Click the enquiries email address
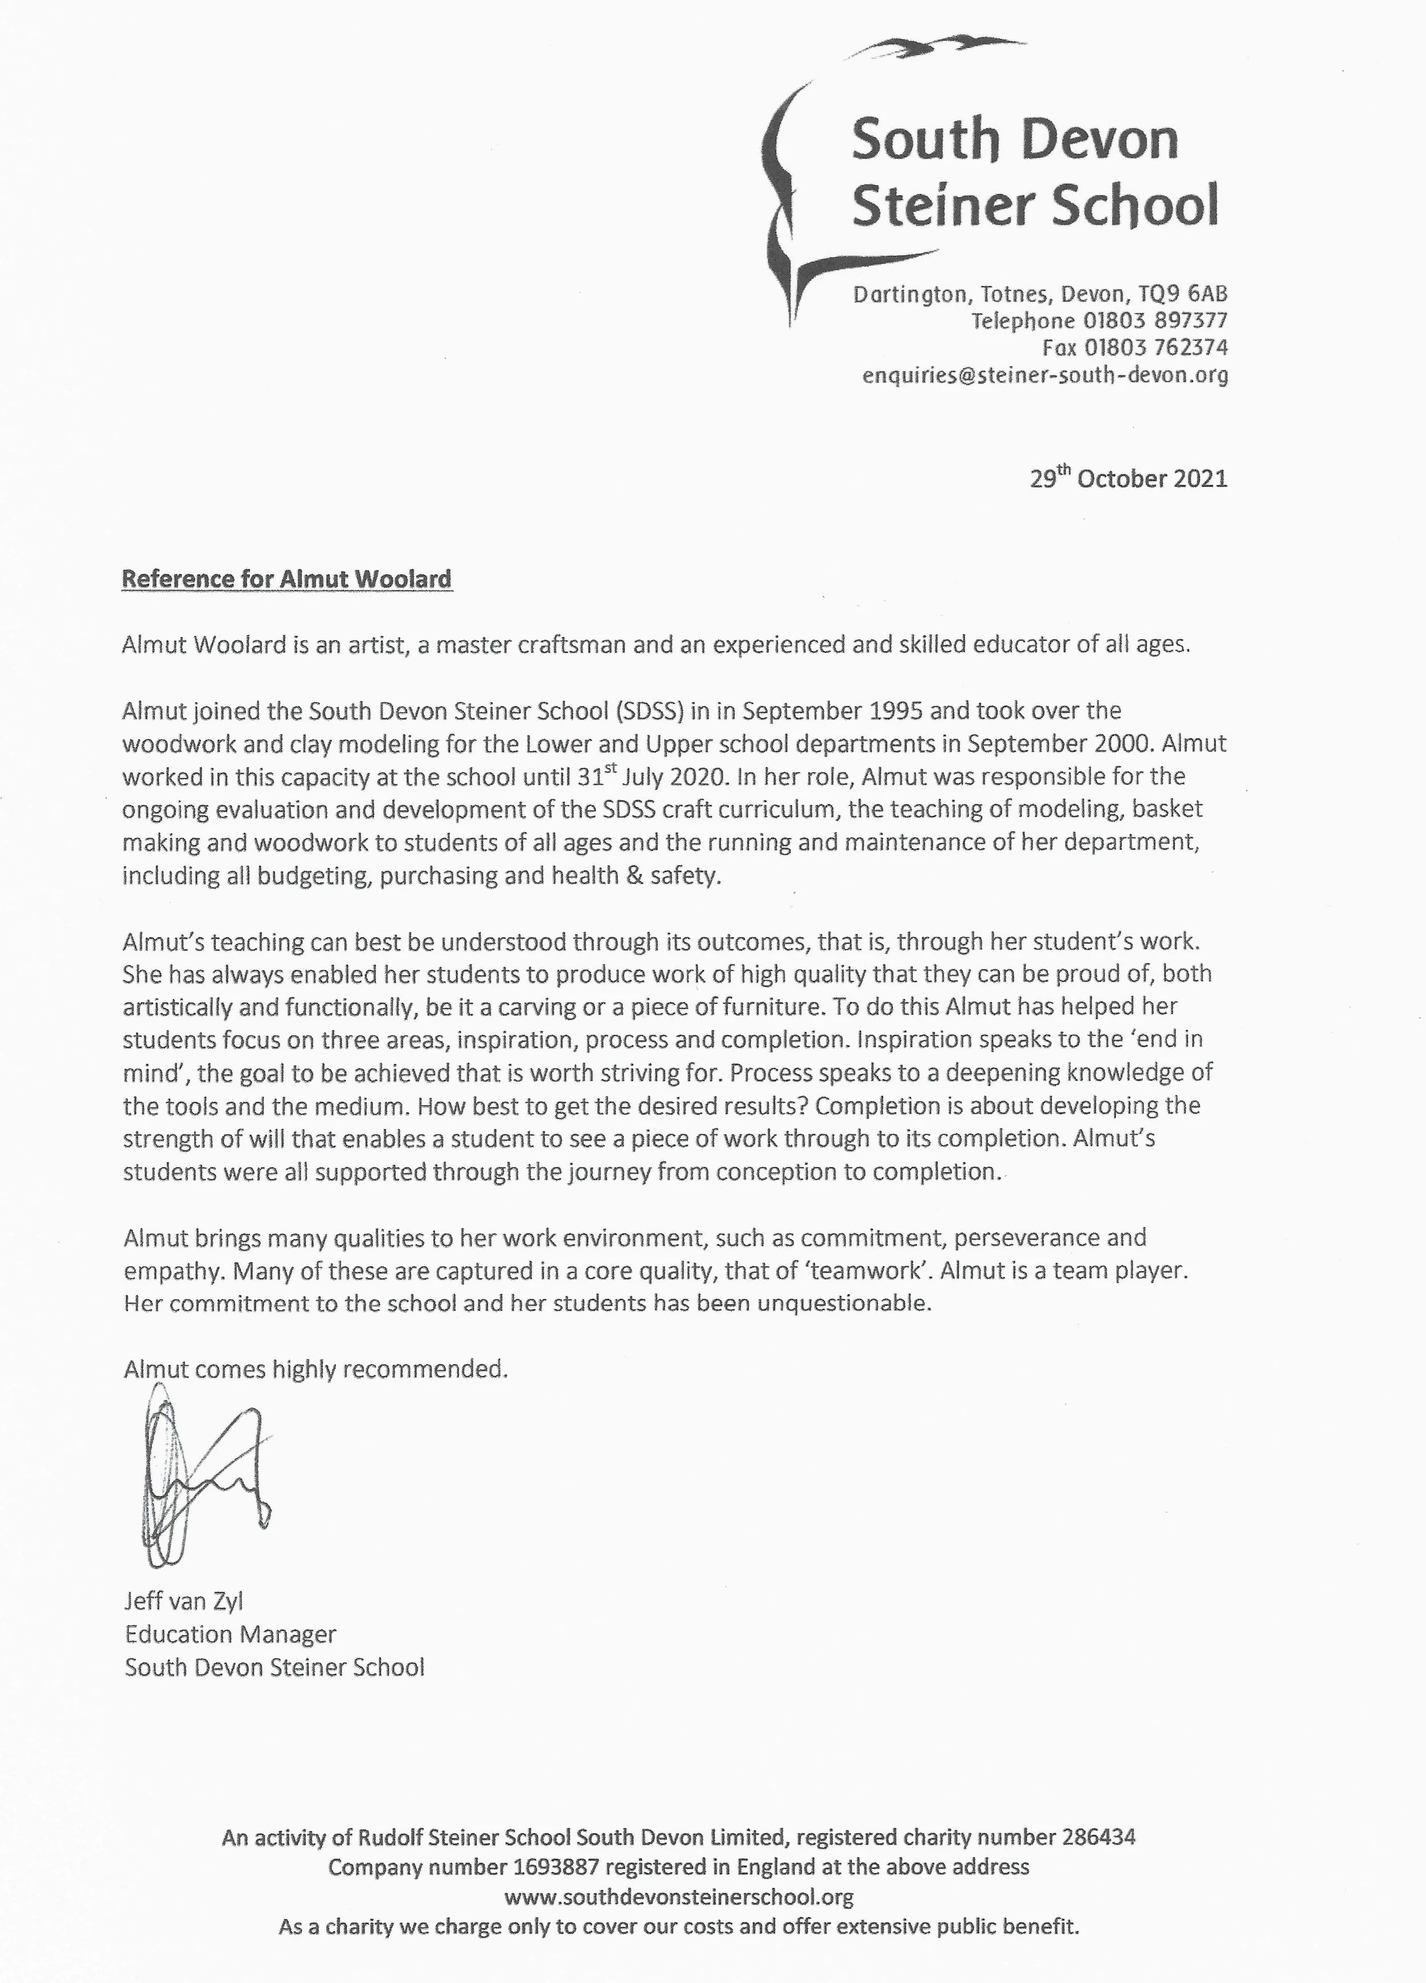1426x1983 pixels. [x=1045, y=376]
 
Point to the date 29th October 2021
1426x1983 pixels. [x=1128, y=479]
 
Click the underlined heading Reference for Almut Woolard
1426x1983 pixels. [x=287, y=579]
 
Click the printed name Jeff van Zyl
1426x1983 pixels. [x=184, y=1601]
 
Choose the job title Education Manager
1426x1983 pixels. [x=230, y=1634]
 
